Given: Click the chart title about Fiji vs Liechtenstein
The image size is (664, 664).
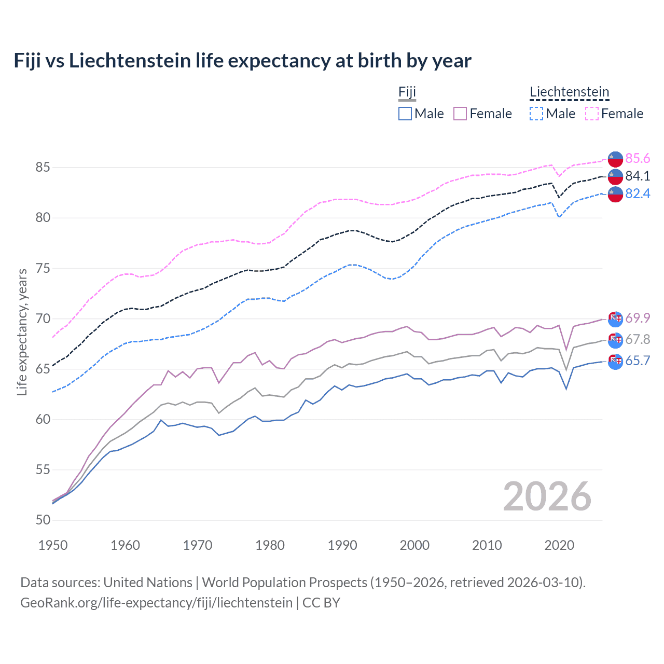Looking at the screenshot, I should coord(242,61).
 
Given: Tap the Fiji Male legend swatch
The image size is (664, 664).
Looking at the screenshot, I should coord(405,114).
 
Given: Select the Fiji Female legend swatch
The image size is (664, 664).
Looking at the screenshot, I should coord(460,114).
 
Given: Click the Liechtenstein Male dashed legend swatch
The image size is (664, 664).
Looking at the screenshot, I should coord(536,114).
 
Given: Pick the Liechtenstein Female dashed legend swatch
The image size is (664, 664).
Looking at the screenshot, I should coord(592,114).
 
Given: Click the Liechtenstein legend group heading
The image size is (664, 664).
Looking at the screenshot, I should coord(569,92).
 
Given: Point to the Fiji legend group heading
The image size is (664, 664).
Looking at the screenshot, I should coord(407,92).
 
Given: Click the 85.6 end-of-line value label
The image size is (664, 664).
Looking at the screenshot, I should coord(638,158).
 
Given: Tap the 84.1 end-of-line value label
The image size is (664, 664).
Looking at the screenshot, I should coord(638,176).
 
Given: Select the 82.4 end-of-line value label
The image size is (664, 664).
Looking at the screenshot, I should coord(638,193).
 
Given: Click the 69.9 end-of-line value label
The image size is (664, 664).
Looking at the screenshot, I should coord(638,318).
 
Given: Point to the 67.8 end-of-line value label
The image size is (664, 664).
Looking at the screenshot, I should coord(638,339).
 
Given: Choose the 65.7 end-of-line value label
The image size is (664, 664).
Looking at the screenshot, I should coord(638,361).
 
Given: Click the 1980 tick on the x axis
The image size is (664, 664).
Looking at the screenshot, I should coord(270,545).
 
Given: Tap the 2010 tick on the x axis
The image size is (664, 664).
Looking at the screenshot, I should coord(487,545).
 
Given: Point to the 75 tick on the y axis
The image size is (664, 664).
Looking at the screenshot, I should coord(43,268).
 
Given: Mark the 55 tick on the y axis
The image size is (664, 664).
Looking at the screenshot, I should coord(43,469).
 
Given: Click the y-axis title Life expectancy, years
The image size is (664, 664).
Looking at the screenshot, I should coord(22,333).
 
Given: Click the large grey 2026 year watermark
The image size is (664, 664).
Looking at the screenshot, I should coord(547,496).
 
